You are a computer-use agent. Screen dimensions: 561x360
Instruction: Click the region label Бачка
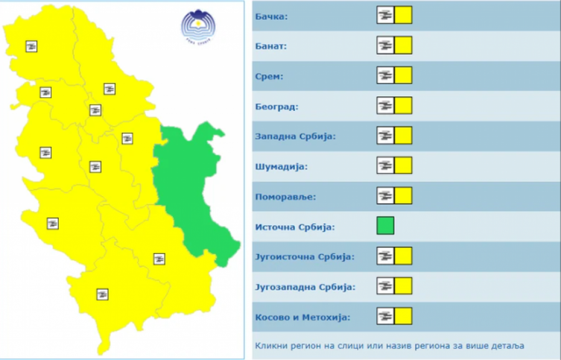click(271, 16)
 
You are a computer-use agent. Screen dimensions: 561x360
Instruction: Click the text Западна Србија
click(295, 136)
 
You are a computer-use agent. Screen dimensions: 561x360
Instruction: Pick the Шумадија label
click(281, 166)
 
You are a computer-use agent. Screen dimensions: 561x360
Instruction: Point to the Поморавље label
click(285, 197)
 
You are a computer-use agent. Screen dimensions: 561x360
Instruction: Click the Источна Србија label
click(295, 227)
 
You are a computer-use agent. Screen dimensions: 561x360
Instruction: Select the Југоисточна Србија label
click(304, 257)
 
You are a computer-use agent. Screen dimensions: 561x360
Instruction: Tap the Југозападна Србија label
click(305, 287)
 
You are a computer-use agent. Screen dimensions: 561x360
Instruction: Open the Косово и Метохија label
click(302, 317)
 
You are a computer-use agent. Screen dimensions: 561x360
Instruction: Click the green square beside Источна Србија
click(385, 225)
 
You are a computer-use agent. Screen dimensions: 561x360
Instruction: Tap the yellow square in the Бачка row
click(403, 15)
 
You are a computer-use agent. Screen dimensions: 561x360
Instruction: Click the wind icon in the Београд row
click(385, 105)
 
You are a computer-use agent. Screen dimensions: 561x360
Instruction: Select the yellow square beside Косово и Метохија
click(403, 316)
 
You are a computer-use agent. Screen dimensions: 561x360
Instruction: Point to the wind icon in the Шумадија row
click(385, 166)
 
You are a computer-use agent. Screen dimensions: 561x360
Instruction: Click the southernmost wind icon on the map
click(102, 294)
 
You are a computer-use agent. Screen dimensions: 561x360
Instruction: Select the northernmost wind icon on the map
click(31, 46)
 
